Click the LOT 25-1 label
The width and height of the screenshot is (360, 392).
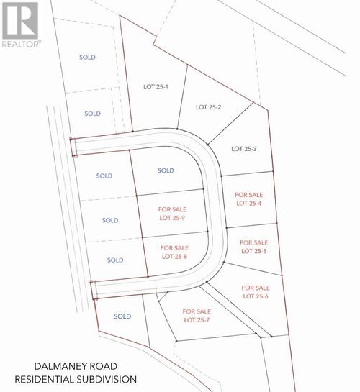156,87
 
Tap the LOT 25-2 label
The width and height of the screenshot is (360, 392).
208,107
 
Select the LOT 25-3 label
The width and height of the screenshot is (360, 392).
244,149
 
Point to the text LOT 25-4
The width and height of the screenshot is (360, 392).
250,203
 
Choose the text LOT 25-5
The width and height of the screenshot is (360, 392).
253,251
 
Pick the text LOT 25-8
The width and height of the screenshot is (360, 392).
175,256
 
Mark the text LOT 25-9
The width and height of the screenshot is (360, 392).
173,217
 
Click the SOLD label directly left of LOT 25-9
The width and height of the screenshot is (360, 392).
109,220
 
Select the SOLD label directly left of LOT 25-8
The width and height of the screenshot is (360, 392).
115,260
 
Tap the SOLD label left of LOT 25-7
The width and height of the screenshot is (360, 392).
122,316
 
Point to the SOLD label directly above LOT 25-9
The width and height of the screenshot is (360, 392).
166,170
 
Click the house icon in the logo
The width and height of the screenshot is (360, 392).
20,21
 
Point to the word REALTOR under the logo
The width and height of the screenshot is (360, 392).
19,43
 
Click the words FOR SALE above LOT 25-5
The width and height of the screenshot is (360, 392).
253,242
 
